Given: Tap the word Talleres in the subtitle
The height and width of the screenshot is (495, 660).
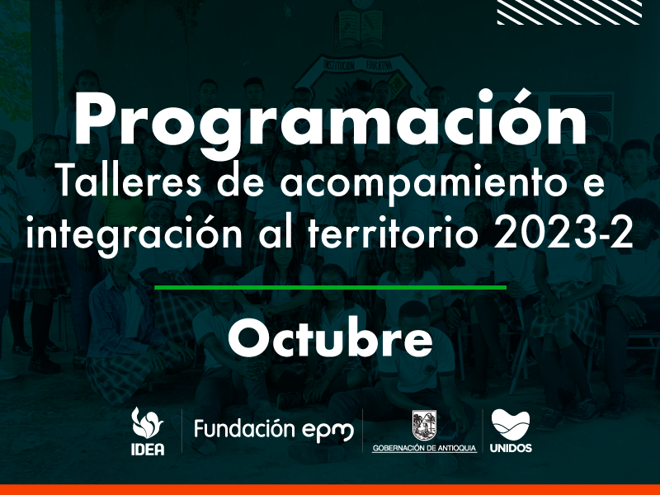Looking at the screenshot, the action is tap(129, 183).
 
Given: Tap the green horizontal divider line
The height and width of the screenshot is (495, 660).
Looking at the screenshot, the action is tap(331, 288).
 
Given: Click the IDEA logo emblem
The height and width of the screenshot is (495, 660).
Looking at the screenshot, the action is tap(147, 423).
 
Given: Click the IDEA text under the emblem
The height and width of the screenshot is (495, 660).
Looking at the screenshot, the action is tap(148, 449).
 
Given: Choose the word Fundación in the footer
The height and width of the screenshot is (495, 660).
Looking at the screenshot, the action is tap(244, 429).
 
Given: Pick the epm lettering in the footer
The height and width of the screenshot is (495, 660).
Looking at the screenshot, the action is tap(328, 431).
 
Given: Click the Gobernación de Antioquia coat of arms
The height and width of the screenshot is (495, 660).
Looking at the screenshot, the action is tap(424, 426).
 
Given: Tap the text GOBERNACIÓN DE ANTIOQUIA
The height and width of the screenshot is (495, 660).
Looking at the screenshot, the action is tap(424, 448).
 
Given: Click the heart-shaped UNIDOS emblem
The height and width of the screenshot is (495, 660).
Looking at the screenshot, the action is tap(511, 425).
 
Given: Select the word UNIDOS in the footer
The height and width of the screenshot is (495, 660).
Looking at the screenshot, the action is tap(511, 448).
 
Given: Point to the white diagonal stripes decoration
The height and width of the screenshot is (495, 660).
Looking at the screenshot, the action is tap(569, 12).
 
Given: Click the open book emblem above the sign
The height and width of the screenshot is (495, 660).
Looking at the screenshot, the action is tap(360, 29).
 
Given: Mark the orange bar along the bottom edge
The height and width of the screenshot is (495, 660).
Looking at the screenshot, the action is tap(330, 490).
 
